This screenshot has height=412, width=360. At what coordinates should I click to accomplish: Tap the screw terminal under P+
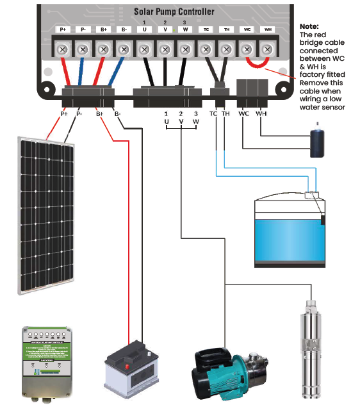point(63,49)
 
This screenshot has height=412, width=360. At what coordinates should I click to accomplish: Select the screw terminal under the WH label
point(267,49)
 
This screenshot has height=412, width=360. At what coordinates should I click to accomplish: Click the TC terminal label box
point(206,29)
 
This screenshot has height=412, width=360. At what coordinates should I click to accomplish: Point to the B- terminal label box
point(124,29)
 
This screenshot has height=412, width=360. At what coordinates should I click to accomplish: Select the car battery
point(131,372)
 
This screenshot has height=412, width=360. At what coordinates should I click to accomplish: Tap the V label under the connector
point(181,120)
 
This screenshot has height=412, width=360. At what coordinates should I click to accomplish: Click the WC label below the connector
point(243,114)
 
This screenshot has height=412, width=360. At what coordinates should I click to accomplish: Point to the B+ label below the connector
point(99,114)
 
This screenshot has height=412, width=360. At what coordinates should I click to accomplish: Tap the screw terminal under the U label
point(145,49)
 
